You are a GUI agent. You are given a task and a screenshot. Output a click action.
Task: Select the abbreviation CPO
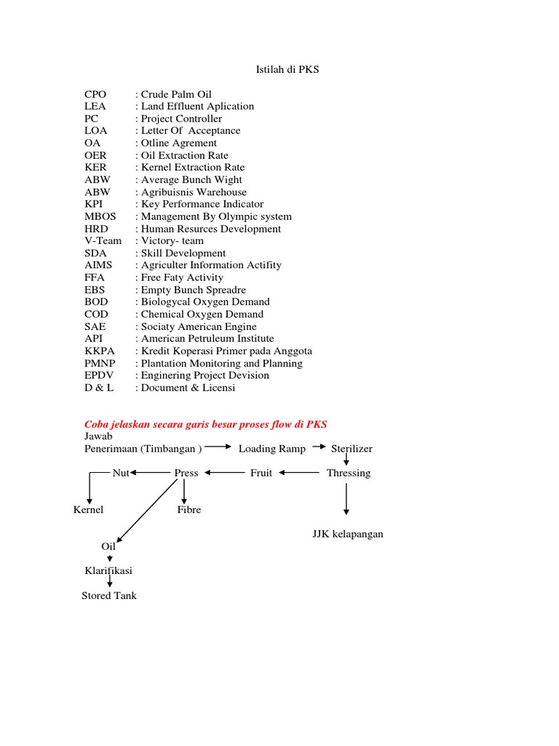(95, 94)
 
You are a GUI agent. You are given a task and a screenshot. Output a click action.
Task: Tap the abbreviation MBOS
(100, 216)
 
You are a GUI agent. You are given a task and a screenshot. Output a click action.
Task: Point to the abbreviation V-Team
(103, 240)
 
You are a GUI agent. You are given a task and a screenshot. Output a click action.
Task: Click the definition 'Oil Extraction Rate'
(184, 155)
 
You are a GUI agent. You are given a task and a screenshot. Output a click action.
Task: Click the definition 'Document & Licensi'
(188, 388)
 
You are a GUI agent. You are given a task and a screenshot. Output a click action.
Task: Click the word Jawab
(99, 436)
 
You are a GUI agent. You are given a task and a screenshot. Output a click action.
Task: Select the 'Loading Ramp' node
(272, 449)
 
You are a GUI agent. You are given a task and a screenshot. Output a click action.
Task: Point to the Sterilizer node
(352, 449)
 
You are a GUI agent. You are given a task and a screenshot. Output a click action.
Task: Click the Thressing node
(349, 473)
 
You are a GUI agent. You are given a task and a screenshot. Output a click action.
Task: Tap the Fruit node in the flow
(261, 473)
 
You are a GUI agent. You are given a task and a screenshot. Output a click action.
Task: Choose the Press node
(186, 473)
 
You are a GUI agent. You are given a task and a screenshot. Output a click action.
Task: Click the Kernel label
(89, 509)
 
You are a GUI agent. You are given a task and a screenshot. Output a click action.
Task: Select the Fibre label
(189, 509)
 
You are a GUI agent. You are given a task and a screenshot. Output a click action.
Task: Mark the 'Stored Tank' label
(109, 595)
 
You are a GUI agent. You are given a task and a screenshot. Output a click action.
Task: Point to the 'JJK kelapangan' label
(348, 534)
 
